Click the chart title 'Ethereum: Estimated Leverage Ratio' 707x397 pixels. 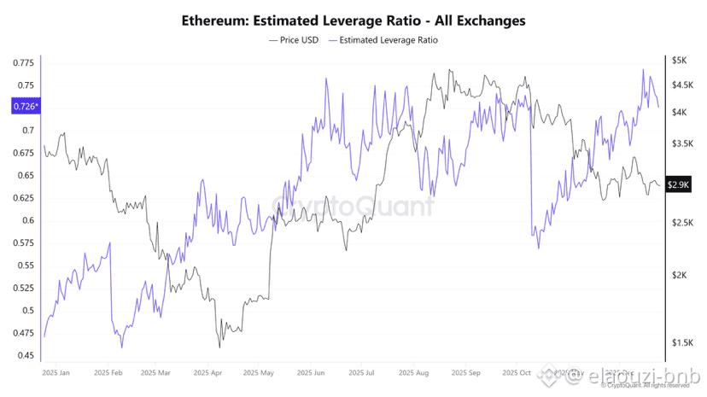coord(353,19)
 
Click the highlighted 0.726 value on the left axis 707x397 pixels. coord(24,107)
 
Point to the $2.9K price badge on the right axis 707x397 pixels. coord(679,184)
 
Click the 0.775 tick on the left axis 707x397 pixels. coord(24,63)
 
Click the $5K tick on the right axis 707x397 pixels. coord(680,61)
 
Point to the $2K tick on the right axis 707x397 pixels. coord(680,275)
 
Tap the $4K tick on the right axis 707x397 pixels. coord(680,112)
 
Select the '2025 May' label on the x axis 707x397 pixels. coord(257,373)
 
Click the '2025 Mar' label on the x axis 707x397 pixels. coord(157,373)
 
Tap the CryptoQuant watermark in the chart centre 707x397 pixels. coord(352,207)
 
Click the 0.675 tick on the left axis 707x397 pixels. coord(24,153)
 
